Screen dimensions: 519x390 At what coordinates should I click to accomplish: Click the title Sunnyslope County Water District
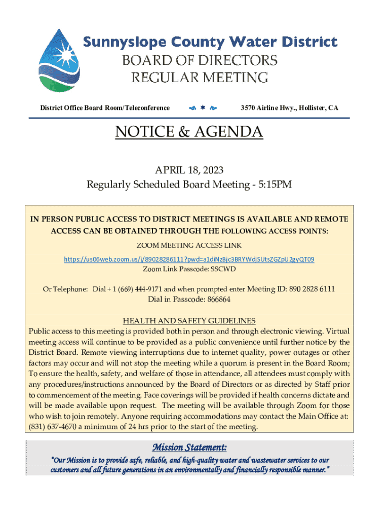pos(210,42)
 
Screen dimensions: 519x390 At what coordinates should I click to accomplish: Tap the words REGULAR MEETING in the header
pos(200,78)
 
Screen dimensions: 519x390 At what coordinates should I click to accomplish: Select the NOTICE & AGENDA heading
pos(189,132)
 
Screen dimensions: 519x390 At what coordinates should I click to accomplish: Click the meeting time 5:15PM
pos(275,184)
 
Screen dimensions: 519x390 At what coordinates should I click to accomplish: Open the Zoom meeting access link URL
pos(189,259)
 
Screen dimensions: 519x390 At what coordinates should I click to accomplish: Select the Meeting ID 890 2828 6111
pos(311,289)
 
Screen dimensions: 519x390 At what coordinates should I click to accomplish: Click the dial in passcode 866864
pos(217,299)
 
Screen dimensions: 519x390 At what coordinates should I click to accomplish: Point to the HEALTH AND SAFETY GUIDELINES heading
pos(189,321)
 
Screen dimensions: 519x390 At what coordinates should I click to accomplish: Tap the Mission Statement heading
pos(189,448)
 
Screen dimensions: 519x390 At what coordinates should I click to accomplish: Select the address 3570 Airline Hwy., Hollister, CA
pos(289,108)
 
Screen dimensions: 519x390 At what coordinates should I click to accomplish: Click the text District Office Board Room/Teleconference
pos(105,108)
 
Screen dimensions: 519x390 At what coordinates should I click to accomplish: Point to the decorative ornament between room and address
pos(202,108)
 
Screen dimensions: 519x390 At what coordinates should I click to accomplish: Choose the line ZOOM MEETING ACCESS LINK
pos(189,246)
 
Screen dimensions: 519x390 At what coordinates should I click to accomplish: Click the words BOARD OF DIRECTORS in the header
pos(200,61)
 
